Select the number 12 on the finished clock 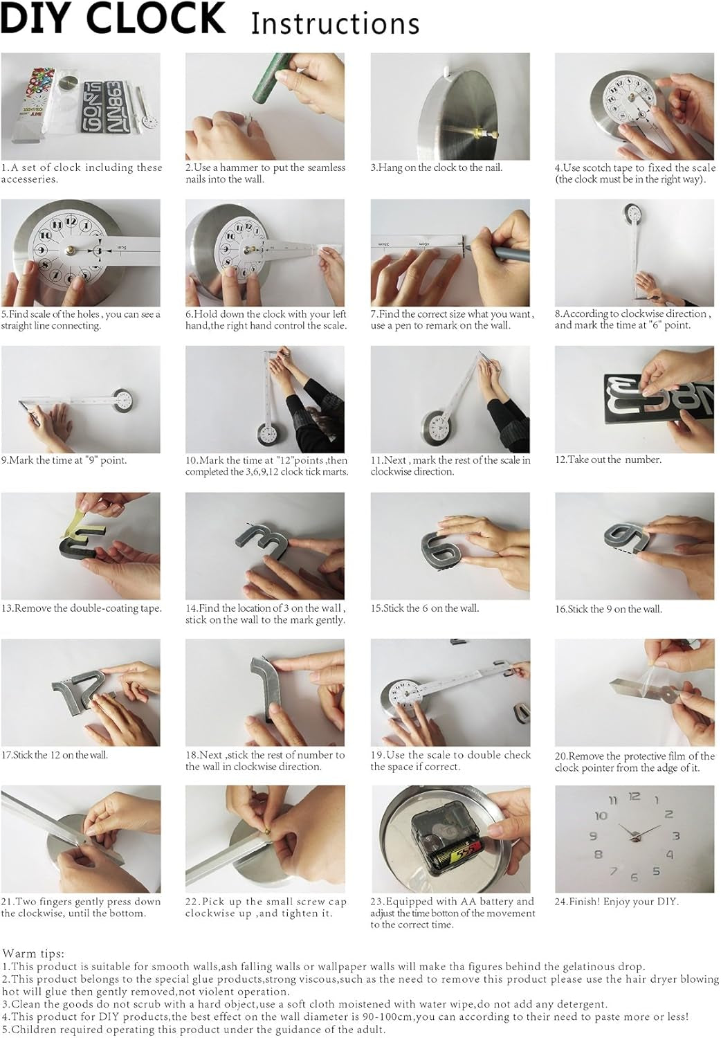[x=634, y=796]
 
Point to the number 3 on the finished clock [x=676, y=835]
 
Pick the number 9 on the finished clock [x=593, y=836]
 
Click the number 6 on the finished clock [x=635, y=877]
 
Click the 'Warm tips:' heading [x=33, y=954]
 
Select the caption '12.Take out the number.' [x=608, y=459]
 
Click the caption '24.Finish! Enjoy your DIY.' [x=617, y=902]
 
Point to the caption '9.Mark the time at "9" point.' [x=64, y=460]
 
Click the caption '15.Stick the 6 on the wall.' [x=424, y=608]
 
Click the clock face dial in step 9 [x=124, y=399]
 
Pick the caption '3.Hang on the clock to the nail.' [x=437, y=167]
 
